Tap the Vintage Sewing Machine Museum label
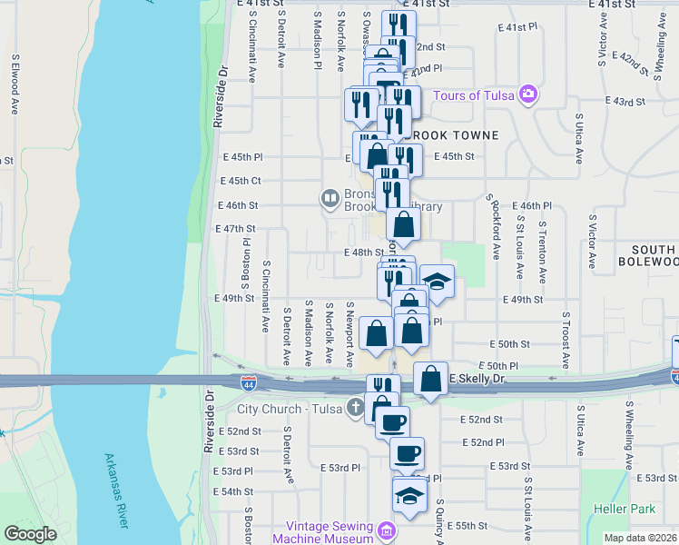coord(328,533)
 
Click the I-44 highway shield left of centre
coord(249,384)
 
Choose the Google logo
coord(30,534)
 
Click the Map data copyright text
coord(640,538)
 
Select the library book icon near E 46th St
coord(330,197)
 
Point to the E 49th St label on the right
coord(522,299)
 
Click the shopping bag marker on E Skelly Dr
coord(430,378)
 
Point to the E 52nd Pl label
coord(482,442)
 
